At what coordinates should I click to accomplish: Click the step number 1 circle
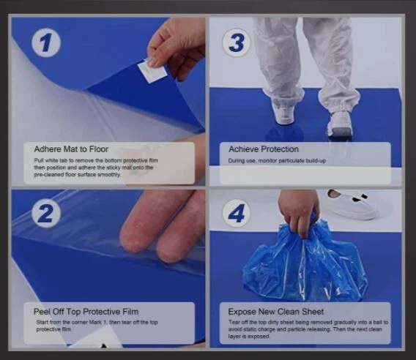pos(46,42)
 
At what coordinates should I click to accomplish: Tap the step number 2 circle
pos(46,213)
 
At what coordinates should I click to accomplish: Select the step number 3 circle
pos(236,42)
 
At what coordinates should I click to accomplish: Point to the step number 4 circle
pos(236,213)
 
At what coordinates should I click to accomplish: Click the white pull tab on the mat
pos(152,70)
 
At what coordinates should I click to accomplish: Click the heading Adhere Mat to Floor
pos(71,149)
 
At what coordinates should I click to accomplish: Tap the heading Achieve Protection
pos(264,149)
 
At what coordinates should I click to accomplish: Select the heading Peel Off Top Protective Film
pos(86,312)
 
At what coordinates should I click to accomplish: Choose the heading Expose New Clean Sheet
pos(276,312)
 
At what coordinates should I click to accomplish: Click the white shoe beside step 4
pos(352,204)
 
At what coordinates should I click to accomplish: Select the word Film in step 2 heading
pos(130,312)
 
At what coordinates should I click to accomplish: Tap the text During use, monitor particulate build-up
pos(277,161)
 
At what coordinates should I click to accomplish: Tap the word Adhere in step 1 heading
pos(48,149)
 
